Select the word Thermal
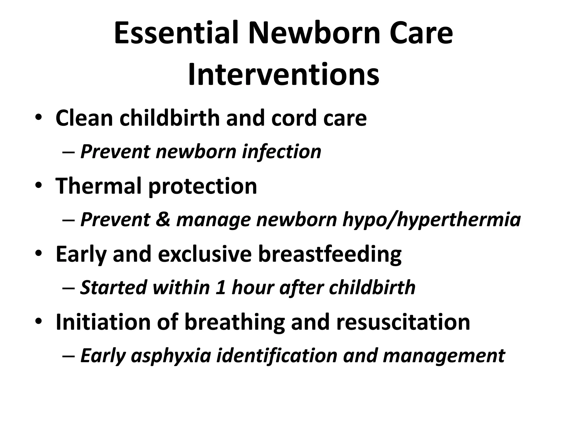pos(99,186)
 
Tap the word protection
pos(203,186)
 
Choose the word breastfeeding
pos(330,254)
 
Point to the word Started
pos(113,287)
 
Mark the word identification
pos(277,356)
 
